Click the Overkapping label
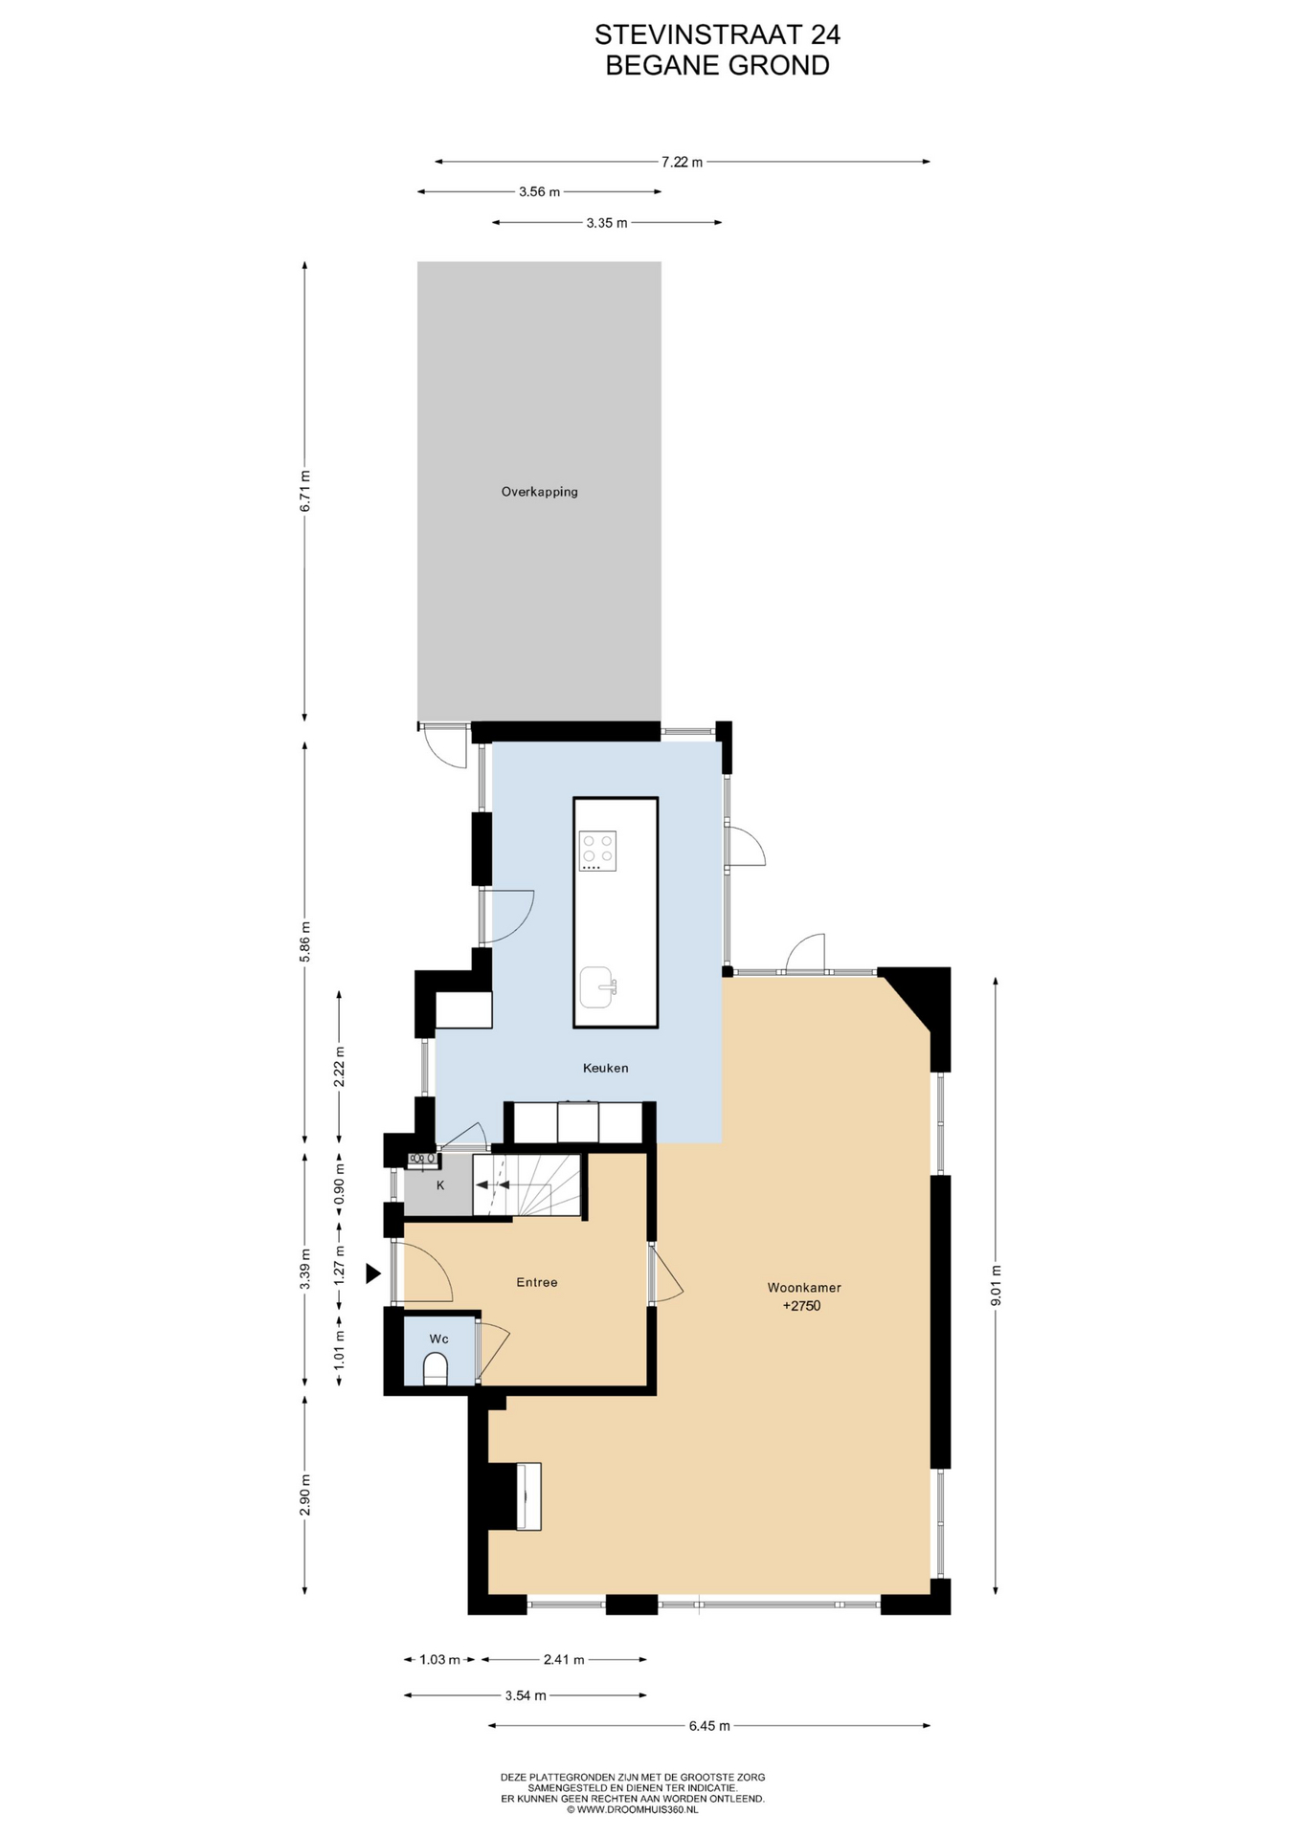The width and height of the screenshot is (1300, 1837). pos(539,492)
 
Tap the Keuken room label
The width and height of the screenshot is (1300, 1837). pos(605,1068)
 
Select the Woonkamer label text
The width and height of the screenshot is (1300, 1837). pos(804,1288)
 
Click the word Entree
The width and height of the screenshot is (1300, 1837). pos(536,1282)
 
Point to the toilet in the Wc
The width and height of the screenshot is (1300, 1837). pos(436,1368)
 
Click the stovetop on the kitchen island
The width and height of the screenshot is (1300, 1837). pos(597,851)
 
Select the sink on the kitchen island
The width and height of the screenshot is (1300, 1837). pos(597,986)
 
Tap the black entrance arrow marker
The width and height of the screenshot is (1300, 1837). pos(373,1273)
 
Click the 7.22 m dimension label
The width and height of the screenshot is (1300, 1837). pos(682,162)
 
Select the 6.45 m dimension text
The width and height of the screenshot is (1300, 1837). pos(709,1726)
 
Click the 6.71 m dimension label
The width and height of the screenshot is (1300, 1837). pos(304,491)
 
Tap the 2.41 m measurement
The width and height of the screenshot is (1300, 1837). pos(564,1660)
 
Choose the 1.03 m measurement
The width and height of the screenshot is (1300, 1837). pos(439,1660)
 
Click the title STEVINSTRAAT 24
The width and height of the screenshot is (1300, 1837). pos(717,34)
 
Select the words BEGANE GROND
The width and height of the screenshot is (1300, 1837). pos(717,66)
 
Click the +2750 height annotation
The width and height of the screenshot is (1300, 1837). pos(801,1306)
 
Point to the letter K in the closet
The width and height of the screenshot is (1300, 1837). pos(440,1185)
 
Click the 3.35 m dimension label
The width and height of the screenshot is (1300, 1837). pos(607,223)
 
